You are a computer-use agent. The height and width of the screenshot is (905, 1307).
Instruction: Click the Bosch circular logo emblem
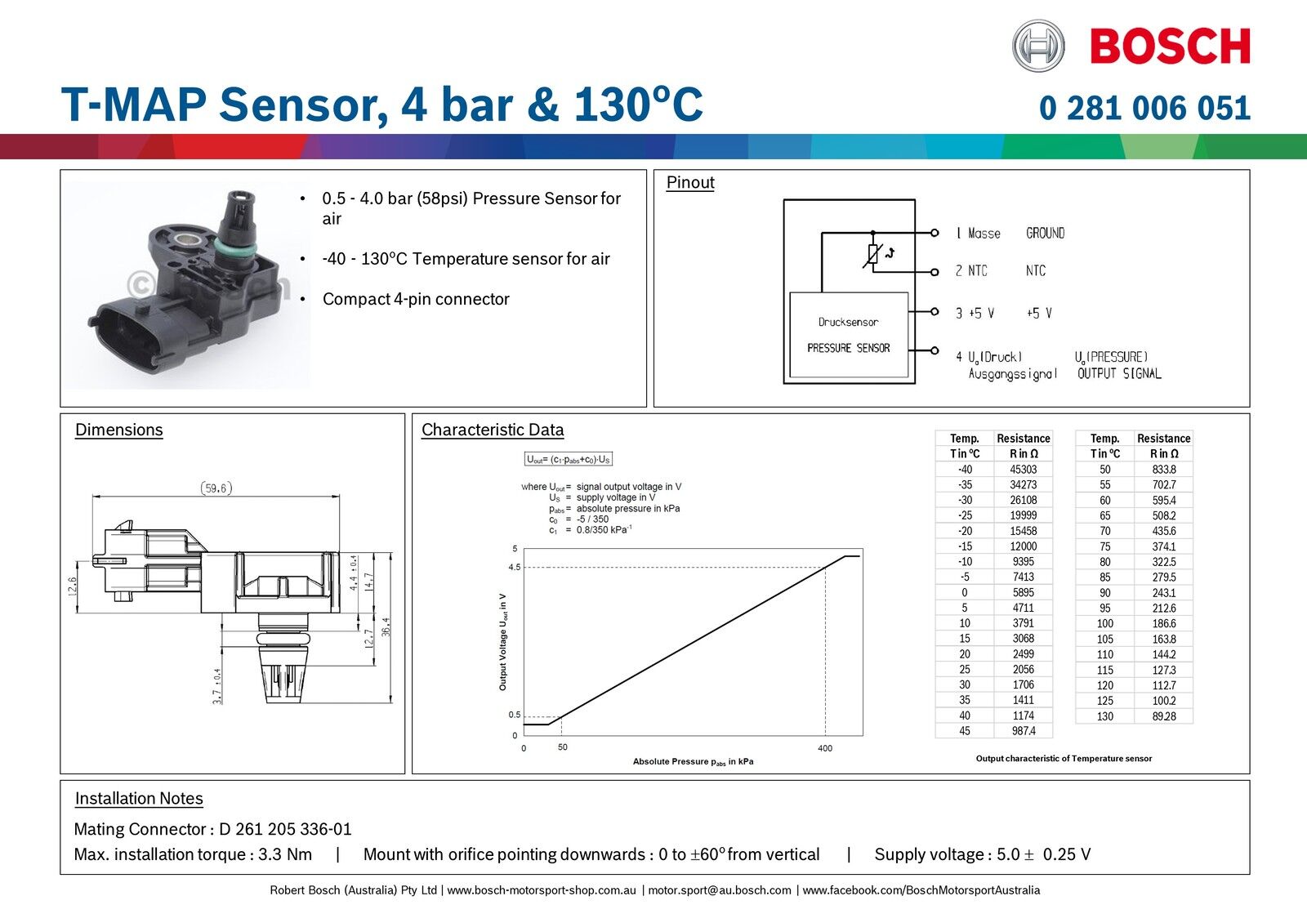(1038, 46)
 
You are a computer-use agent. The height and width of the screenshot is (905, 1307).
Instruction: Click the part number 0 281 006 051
(1144, 108)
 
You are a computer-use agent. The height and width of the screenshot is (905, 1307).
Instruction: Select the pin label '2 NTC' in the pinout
(971, 271)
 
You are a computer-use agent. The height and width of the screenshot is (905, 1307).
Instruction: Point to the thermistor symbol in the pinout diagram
(873, 255)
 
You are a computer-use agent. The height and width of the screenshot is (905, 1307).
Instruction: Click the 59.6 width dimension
(216, 488)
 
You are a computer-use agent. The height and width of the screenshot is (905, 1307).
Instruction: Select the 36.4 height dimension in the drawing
(386, 626)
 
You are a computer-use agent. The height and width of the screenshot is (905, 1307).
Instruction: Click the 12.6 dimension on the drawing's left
(72, 586)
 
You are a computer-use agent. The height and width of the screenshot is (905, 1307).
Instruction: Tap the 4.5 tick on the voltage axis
(514, 567)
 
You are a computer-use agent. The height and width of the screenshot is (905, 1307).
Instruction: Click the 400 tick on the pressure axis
(825, 748)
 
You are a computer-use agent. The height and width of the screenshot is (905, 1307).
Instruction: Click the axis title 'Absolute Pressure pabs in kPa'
(693, 761)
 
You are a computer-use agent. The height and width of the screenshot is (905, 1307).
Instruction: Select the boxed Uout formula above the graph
(569, 460)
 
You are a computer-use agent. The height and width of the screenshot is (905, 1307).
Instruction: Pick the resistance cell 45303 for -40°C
(1023, 470)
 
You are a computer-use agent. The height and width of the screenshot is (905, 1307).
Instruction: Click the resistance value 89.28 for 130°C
(1163, 716)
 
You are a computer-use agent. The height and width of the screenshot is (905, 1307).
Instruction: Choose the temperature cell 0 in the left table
(964, 593)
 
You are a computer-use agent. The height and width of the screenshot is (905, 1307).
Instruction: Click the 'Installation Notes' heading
(139, 799)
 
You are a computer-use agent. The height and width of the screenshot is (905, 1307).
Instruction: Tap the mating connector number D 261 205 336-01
(285, 829)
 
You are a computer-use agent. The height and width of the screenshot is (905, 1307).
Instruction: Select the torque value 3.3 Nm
(285, 854)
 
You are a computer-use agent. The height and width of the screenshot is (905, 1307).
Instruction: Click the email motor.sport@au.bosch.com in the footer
(720, 890)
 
